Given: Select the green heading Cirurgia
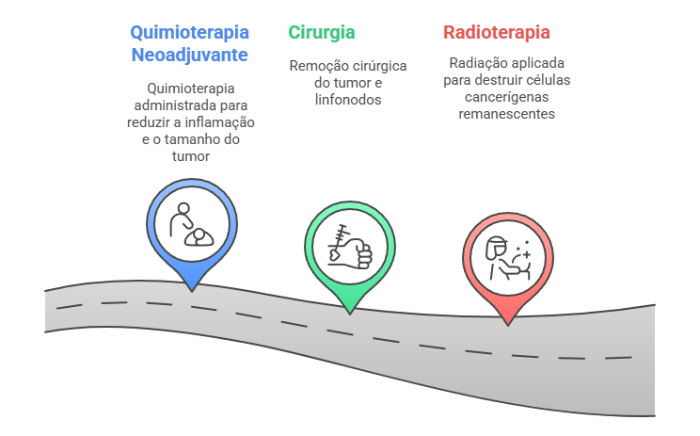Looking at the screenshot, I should click(322, 32).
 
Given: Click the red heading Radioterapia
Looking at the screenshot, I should click(497, 32).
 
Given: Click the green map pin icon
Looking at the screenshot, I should click(349, 247).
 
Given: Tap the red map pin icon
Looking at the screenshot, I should click(507, 256).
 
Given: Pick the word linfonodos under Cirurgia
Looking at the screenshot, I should click(348, 99).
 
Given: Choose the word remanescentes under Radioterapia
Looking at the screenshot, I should click(507, 114).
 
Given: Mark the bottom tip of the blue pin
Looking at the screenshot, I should click(191, 288).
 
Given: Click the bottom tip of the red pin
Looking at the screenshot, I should click(507, 325).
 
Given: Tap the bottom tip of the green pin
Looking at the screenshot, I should click(349, 311).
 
